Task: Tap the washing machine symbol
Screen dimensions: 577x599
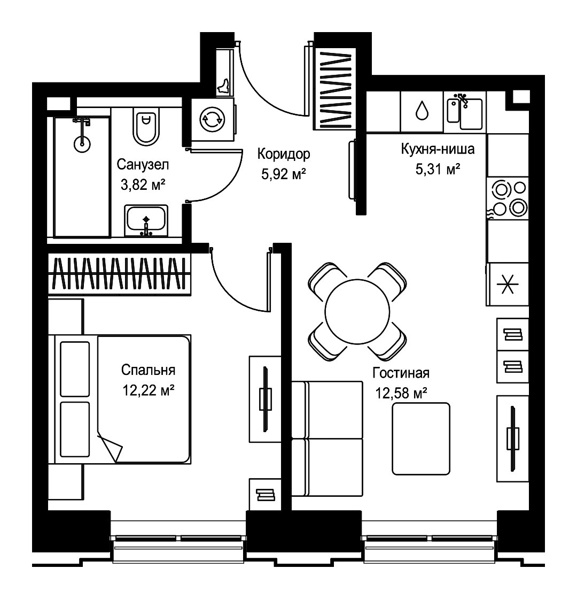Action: point(212,120)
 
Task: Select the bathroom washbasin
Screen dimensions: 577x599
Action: point(146,221)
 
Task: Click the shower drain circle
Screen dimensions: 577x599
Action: point(82,144)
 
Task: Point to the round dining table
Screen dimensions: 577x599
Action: point(357,311)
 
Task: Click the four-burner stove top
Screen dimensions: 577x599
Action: point(508,198)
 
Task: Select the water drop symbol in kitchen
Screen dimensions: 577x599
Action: point(422,110)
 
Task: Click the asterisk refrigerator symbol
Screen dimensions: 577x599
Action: point(508,284)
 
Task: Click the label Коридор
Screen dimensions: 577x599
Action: point(284,154)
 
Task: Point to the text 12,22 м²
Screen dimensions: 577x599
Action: point(149,390)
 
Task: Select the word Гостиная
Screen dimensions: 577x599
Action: point(401,373)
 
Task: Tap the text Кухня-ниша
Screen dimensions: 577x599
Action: point(438,149)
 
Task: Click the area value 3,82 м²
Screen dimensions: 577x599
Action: point(143,185)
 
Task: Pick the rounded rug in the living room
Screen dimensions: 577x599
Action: point(421,439)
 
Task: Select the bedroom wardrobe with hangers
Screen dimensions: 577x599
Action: point(120,274)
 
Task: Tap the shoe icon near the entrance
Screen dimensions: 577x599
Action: point(224,87)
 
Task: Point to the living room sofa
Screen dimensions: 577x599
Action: point(327,439)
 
